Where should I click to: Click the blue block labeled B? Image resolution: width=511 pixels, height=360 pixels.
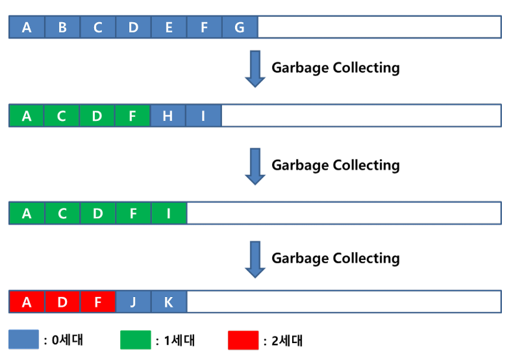[x=62, y=27]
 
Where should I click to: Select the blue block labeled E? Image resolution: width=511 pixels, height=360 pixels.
[x=169, y=27]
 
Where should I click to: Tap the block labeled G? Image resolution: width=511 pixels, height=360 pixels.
[x=240, y=27]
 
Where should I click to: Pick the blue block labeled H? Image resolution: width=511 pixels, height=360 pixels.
[x=168, y=116]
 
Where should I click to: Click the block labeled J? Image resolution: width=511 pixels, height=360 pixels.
[x=133, y=302]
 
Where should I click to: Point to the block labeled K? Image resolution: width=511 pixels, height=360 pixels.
[x=169, y=302]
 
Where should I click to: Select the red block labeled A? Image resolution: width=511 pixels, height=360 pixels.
[x=27, y=302]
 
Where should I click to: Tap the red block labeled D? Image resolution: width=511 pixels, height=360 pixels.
[x=62, y=302]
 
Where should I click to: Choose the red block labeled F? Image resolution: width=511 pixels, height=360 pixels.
[x=98, y=302]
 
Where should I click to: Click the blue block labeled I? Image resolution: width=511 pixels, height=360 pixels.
[x=203, y=116]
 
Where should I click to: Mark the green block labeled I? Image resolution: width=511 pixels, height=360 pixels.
[x=169, y=213]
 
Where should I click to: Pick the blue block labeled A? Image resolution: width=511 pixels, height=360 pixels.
[x=27, y=27]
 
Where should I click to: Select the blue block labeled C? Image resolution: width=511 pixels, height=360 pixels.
[x=98, y=27]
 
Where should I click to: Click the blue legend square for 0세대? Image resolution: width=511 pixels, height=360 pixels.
[x=23, y=339]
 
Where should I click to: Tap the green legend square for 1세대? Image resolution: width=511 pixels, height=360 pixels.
[x=135, y=339]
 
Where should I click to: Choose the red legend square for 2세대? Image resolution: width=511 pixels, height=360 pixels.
[x=243, y=339]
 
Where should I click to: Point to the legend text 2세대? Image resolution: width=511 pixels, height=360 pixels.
[x=286, y=340]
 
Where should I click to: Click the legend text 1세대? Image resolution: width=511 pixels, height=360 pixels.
[x=179, y=340]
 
